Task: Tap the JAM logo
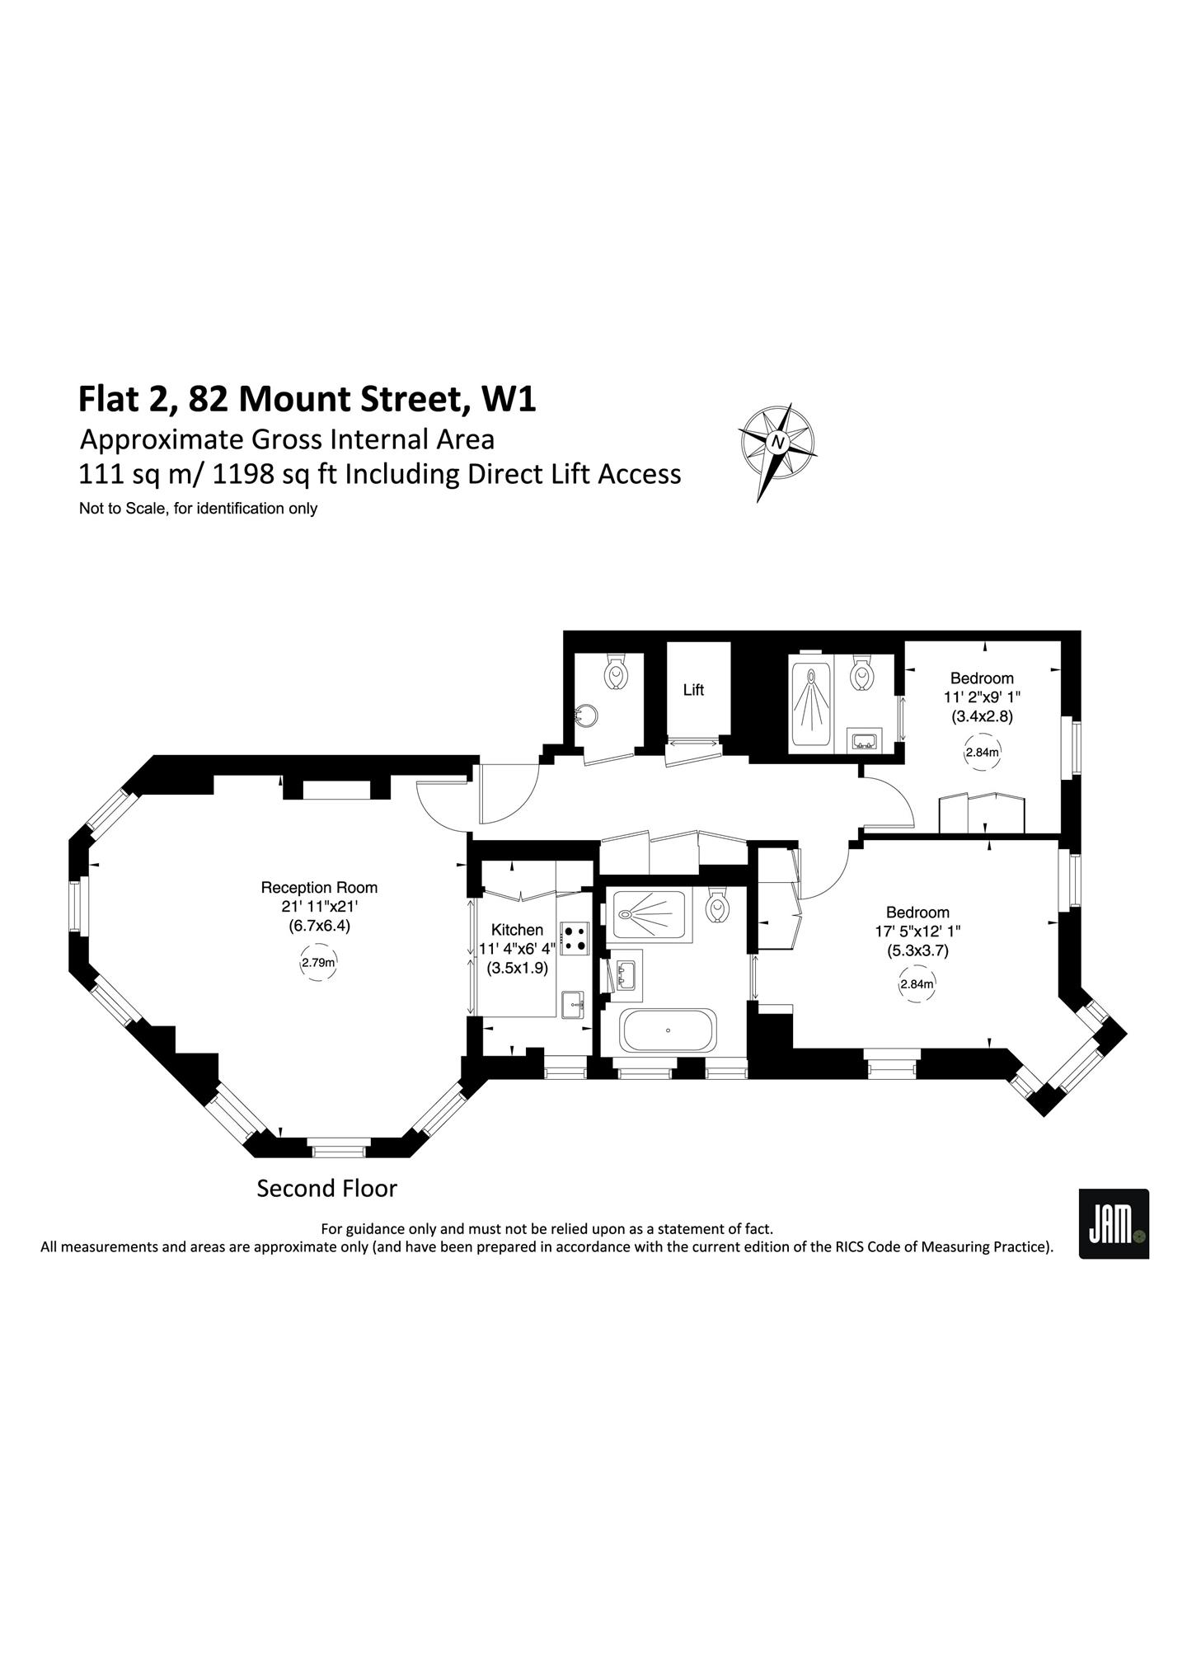pyautogui.click(x=1114, y=1223)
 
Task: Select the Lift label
pyautogui.click(x=693, y=690)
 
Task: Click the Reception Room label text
pyautogui.click(x=319, y=888)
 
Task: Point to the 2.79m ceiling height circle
pyautogui.click(x=318, y=962)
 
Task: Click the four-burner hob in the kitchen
pyautogui.click(x=575, y=938)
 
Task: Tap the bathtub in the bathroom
pyautogui.click(x=669, y=1030)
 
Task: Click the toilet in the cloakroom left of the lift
pyautogui.click(x=615, y=672)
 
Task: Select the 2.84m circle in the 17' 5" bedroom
pyautogui.click(x=917, y=984)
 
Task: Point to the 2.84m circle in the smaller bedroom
pyautogui.click(x=982, y=753)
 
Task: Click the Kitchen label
pyautogui.click(x=517, y=930)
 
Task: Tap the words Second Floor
pyautogui.click(x=327, y=1189)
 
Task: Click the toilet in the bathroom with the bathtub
pyautogui.click(x=718, y=905)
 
